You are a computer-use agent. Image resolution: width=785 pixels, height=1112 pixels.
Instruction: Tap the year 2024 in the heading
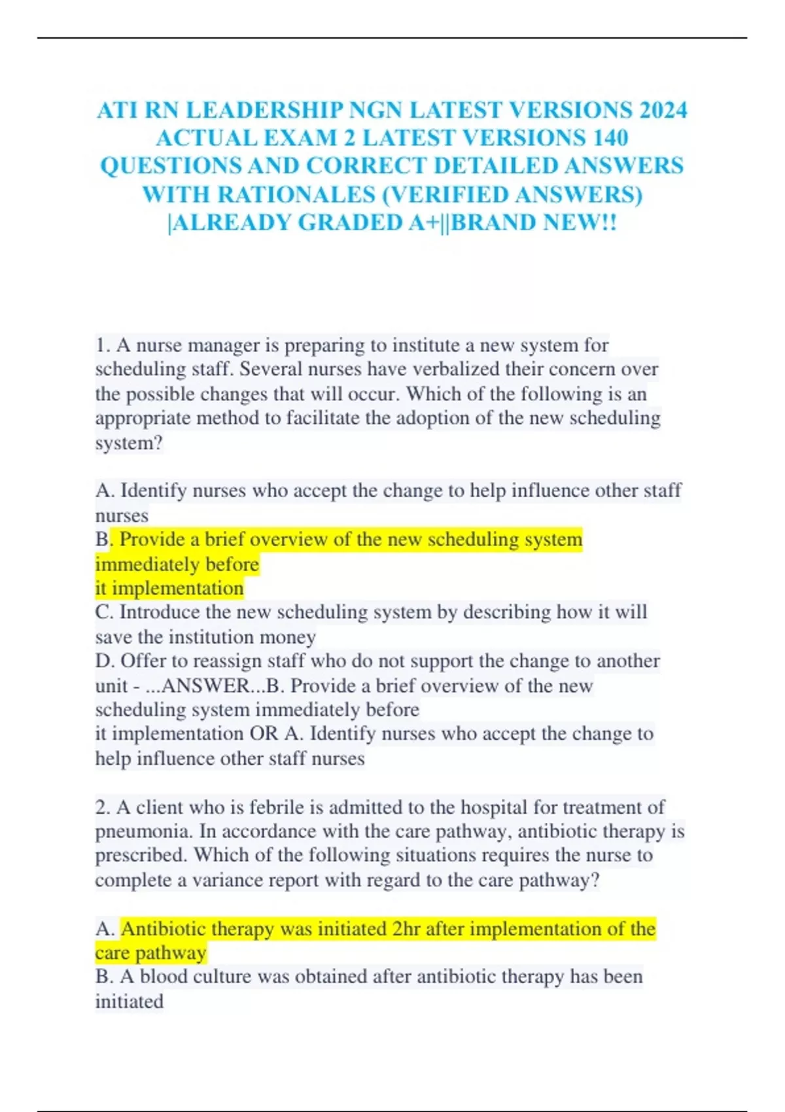pyautogui.click(x=663, y=110)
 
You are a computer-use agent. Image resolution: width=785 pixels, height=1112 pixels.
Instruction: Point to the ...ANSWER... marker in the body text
pyautogui.click(x=204, y=686)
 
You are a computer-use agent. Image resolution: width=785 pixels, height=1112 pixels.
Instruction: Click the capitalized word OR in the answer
pyautogui.click(x=264, y=733)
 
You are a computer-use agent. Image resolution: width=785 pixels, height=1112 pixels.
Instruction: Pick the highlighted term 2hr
pyautogui.click(x=406, y=929)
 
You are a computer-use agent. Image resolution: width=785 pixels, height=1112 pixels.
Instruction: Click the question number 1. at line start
pyautogui.click(x=103, y=345)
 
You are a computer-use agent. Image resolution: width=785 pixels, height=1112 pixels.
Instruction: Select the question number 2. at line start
pyautogui.click(x=103, y=807)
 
